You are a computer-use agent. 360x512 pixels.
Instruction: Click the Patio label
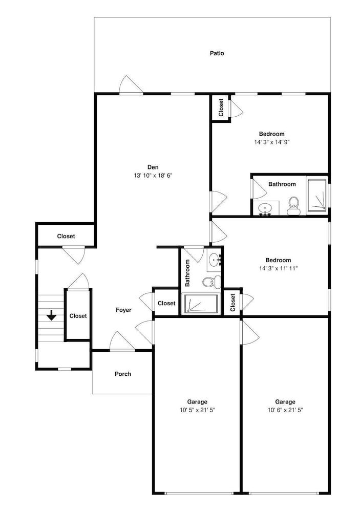point(217,53)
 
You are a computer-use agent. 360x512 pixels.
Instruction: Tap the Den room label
point(153,167)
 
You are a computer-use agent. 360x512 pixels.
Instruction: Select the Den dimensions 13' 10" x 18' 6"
point(153,176)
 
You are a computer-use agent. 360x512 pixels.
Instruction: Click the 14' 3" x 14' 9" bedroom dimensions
point(272,142)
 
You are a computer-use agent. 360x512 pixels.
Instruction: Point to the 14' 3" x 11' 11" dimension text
point(279,268)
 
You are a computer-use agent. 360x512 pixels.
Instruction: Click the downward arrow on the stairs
point(52,315)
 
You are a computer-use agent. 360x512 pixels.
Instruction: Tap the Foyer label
point(123,310)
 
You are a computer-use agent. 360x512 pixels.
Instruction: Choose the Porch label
point(123,374)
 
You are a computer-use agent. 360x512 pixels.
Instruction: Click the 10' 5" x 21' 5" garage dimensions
point(197,410)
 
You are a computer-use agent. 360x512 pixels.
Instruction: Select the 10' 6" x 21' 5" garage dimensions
point(286,410)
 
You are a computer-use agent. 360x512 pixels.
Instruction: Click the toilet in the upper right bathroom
point(293,206)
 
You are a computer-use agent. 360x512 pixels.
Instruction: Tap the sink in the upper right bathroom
point(265,208)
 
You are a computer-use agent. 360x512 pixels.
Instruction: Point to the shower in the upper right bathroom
point(316,194)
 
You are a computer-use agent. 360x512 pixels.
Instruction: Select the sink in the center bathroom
point(215,260)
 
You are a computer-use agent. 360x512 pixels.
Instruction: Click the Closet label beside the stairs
point(78,316)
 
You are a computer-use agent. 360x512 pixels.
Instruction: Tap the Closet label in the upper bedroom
point(221,108)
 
